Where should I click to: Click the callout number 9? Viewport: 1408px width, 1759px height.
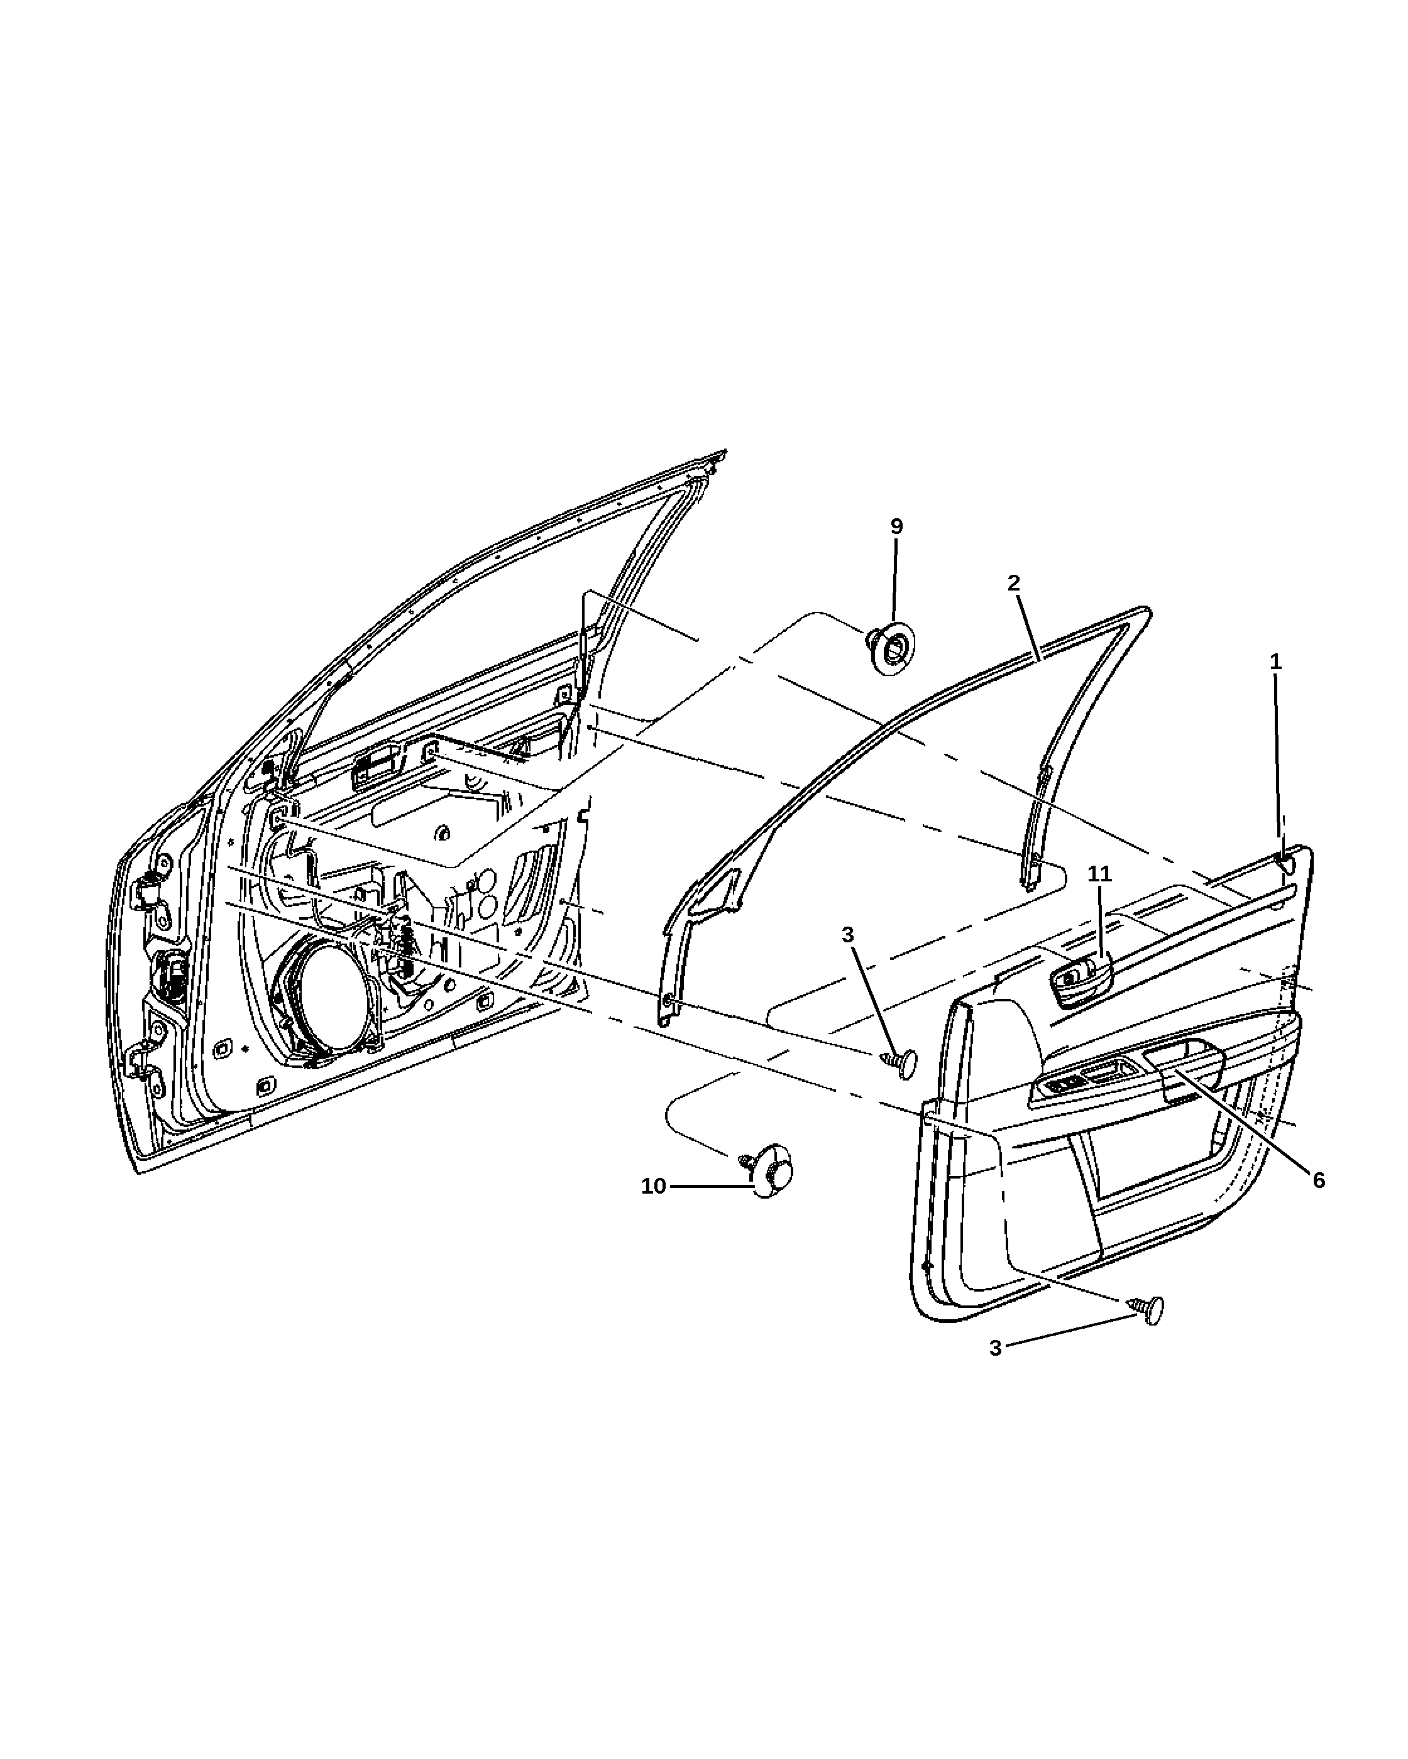896,526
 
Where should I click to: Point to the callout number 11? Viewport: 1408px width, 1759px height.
1100,873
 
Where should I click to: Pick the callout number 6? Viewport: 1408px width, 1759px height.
1319,1180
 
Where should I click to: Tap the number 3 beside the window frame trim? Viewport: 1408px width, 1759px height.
847,934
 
